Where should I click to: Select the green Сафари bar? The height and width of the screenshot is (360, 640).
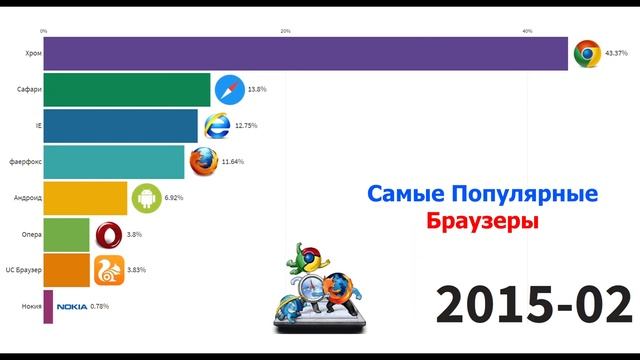pos(126,89)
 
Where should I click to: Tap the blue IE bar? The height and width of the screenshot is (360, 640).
pos(120,125)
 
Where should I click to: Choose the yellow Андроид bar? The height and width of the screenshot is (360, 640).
pos(85,198)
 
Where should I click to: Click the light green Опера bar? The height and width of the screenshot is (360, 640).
pos(67,234)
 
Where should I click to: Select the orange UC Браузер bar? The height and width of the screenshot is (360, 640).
pos(67,270)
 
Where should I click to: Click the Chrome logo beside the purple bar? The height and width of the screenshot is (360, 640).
pos(586,54)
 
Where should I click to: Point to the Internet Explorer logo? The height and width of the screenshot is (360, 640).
pos(217,125)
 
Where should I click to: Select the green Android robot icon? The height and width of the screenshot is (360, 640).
pos(146,198)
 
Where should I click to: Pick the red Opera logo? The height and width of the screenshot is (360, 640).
pos(108,234)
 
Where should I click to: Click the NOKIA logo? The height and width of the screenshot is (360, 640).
pos(72,307)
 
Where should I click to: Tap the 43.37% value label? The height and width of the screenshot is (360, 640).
pos(617,54)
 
